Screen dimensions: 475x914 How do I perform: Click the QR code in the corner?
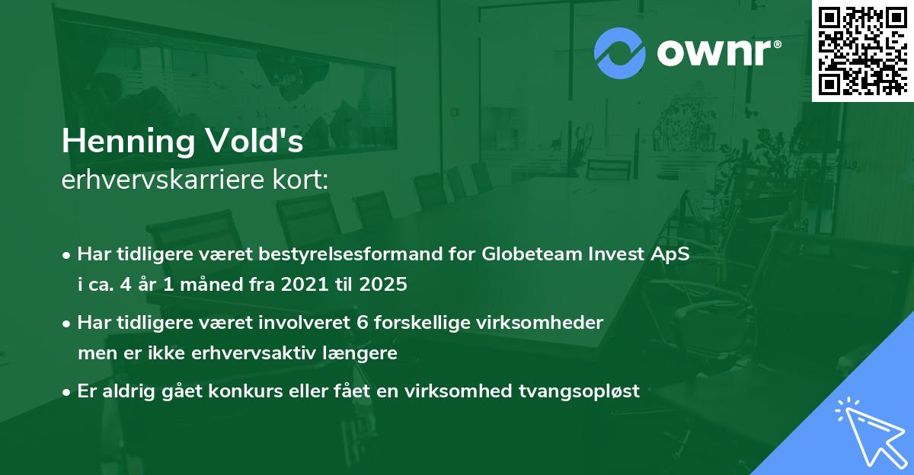pyautogui.click(x=861, y=50)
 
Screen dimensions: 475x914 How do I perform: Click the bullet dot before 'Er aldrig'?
pyautogui.click(x=68, y=392)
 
